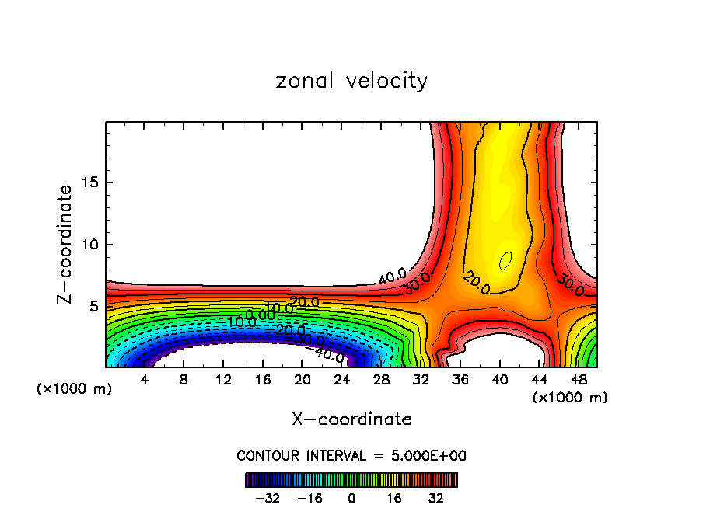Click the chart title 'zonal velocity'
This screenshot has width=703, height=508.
tap(351, 81)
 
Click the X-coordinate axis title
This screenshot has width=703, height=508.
tap(351, 419)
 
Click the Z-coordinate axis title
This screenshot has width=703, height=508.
tap(65, 244)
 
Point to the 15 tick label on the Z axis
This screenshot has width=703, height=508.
tap(89, 183)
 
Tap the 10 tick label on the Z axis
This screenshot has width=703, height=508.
tap(89, 245)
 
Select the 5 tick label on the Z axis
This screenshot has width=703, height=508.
tap(93, 307)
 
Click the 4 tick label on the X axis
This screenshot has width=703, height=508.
tap(145, 381)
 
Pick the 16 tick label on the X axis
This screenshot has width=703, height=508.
tap(263, 381)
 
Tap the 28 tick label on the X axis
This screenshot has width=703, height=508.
tap(381, 381)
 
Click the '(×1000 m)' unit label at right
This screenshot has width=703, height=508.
tap(570, 398)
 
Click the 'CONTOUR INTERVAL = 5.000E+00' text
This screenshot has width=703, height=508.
tap(351, 455)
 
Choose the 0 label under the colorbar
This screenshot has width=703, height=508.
tap(351, 498)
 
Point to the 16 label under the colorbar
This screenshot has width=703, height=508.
tap(394, 498)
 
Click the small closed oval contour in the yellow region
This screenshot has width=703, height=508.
tap(505, 260)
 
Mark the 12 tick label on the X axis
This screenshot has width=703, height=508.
tap(223, 381)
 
